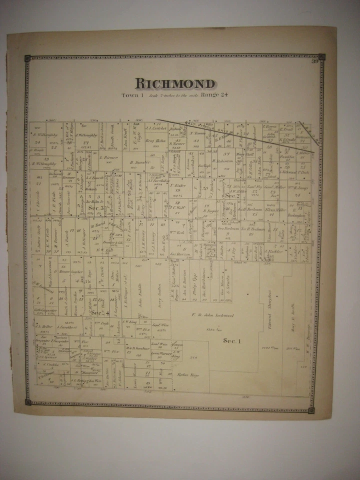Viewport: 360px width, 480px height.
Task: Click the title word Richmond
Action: [x=175, y=83]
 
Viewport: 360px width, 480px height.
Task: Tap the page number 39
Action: [x=314, y=61]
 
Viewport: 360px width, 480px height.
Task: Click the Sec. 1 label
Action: [x=232, y=340]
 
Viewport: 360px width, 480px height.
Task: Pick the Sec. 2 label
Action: [x=231, y=196]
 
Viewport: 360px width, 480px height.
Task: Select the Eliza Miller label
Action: [x=275, y=210]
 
